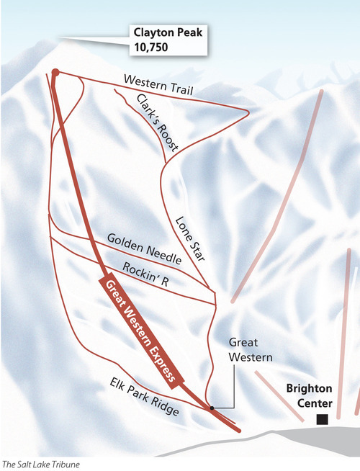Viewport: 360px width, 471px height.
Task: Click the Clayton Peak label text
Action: click(x=166, y=32)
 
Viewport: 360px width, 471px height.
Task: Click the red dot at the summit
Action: click(x=55, y=72)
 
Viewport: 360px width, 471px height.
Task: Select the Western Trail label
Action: click(x=158, y=82)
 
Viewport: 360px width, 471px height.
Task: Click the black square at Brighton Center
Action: click(x=323, y=418)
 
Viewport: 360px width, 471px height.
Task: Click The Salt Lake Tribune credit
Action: click(x=41, y=464)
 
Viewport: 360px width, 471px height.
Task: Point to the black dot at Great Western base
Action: click(x=212, y=408)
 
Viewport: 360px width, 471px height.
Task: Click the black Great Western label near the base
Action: click(x=243, y=349)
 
